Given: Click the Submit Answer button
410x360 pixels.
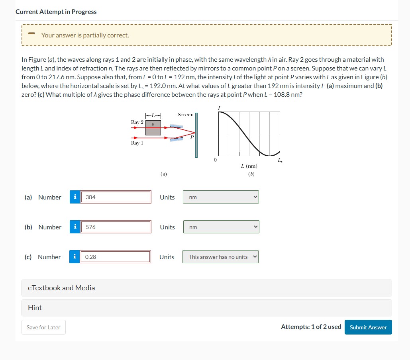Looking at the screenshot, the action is point(368,327).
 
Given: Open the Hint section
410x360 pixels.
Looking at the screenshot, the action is point(206,308).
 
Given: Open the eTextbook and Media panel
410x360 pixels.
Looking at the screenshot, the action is point(206,288).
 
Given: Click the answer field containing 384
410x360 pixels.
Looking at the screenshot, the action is point(116,197).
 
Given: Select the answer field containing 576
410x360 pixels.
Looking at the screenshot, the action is point(116,227).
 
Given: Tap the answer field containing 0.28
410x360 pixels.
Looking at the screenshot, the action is point(116,257).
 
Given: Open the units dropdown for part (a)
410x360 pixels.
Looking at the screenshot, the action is point(221,197).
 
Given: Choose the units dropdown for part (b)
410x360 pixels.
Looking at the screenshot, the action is point(221,227).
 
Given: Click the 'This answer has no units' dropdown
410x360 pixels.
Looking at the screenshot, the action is point(221,257).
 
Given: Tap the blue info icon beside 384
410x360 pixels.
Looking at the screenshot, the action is point(75,197).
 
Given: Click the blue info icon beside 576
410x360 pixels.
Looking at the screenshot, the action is point(75,227).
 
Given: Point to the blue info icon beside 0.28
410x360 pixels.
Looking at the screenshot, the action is point(75,257).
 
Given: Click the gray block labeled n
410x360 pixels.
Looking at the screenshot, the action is point(153,127).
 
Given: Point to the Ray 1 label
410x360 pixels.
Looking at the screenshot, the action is point(137,143).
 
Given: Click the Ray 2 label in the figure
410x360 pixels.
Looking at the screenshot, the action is point(137,122).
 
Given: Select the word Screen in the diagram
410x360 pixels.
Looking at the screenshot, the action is point(186,115).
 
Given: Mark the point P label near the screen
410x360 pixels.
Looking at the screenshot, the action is point(192,137).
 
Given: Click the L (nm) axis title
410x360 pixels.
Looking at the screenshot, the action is point(249,166).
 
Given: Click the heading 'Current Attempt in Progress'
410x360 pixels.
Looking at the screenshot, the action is point(56,12).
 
